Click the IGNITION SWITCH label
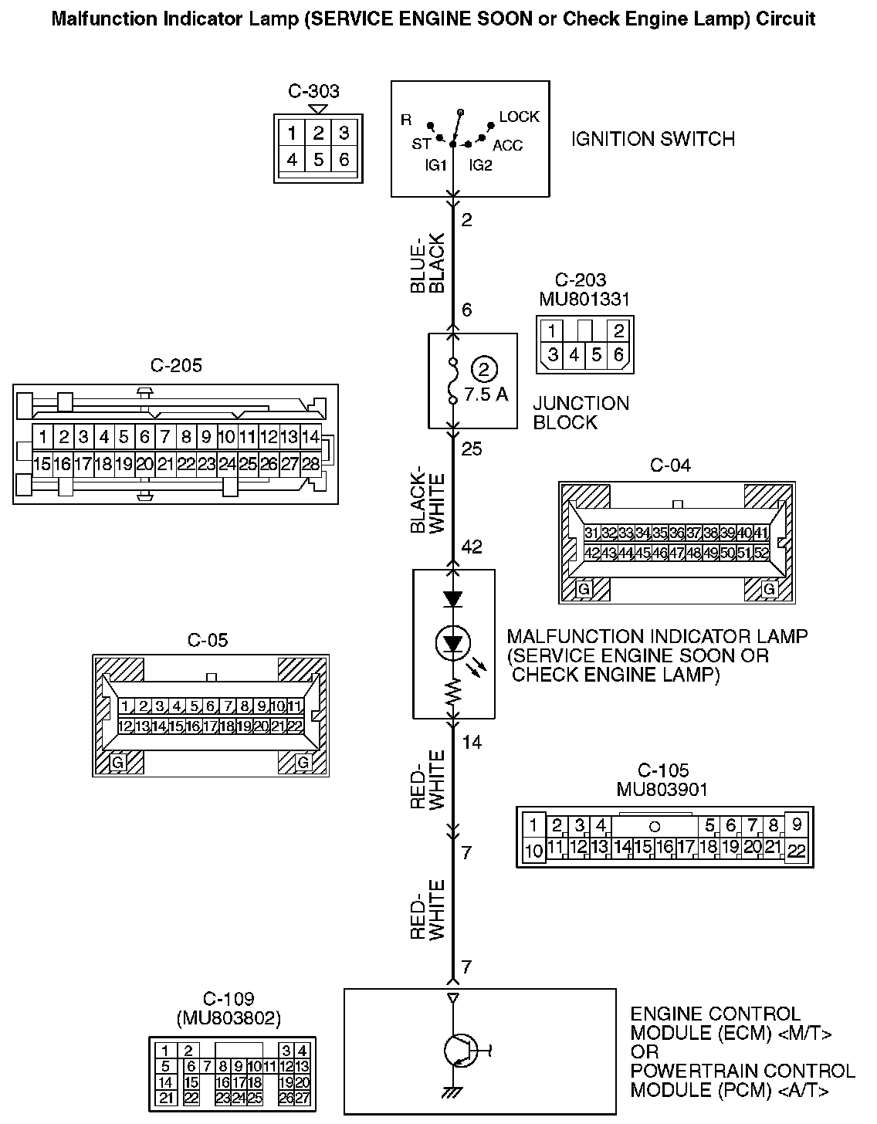(x=652, y=139)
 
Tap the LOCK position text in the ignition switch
(x=519, y=117)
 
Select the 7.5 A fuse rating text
(x=486, y=394)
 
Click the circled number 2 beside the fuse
(x=484, y=369)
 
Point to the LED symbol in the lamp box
(x=452, y=642)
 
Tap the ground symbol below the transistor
(x=452, y=1092)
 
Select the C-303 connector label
(x=313, y=91)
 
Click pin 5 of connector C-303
(x=318, y=160)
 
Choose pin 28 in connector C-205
(x=310, y=464)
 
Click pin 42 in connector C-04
(x=592, y=553)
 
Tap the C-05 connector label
(x=208, y=640)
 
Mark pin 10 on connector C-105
(x=533, y=851)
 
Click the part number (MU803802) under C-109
(x=229, y=1018)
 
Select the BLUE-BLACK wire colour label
(x=428, y=263)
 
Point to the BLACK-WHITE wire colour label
(x=428, y=499)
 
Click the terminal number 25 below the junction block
(x=472, y=448)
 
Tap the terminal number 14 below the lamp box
(x=472, y=742)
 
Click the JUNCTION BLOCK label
(x=581, y=412)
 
